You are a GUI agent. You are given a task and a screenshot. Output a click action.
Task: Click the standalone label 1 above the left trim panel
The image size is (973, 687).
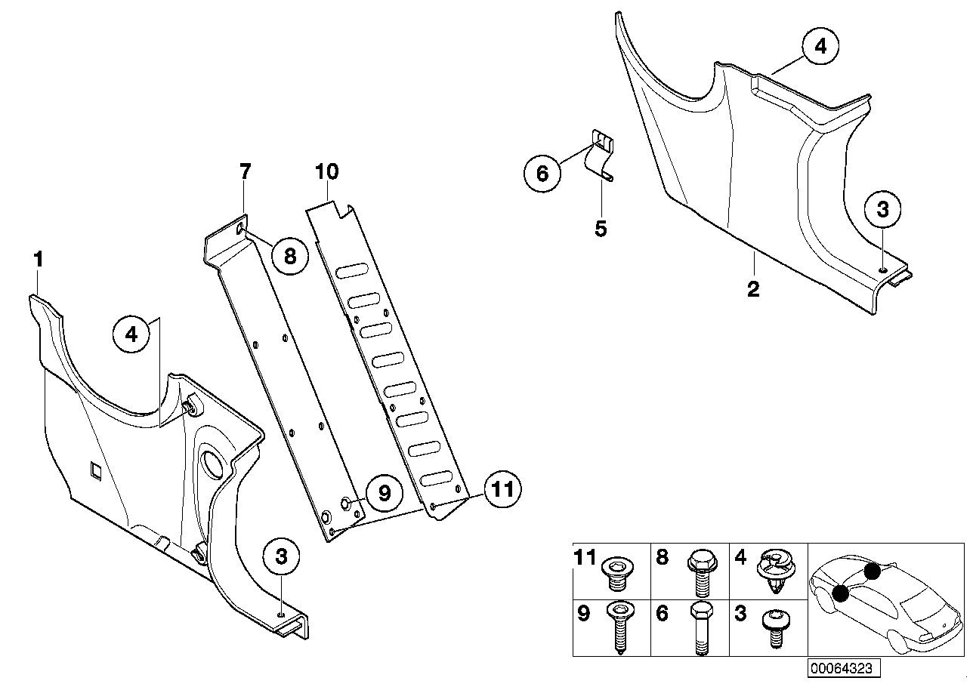(x=38, y=260)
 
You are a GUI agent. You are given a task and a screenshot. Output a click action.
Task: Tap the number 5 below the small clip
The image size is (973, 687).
(x=601, y=227)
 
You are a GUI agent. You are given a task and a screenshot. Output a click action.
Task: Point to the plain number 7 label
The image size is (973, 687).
(x=245, y=172)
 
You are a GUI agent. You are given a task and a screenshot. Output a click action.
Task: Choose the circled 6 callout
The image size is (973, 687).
(x=543, y=173)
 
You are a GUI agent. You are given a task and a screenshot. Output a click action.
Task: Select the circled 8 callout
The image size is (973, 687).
(x=290, y=257)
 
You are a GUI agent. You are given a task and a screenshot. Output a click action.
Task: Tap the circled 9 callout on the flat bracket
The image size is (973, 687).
(x=383, y=493)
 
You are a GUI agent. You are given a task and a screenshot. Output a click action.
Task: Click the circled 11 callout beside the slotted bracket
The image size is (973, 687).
(x=502, y=489)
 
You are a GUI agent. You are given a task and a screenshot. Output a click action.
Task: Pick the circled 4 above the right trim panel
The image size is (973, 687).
(x=820, y=46)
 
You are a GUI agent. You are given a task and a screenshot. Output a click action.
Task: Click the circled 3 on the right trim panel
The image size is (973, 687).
(x=883, y=210)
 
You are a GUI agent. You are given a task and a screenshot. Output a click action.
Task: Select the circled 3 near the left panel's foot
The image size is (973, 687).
(x=282, y=557)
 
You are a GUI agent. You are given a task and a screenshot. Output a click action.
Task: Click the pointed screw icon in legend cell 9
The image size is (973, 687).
(x=619, y=626)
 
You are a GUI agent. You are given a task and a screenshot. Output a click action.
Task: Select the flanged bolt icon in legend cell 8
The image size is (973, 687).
(x=699, y=571)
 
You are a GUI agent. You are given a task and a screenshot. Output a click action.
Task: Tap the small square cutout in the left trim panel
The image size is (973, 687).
(x=96, y=470)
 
